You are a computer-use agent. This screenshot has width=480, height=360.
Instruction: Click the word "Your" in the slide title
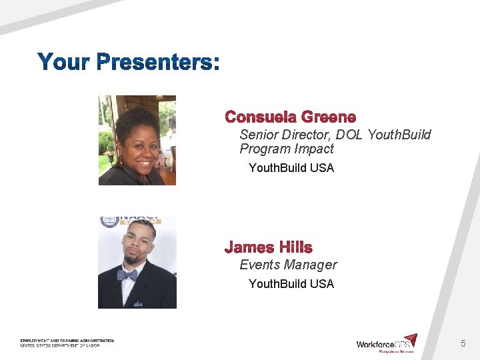[64, 63]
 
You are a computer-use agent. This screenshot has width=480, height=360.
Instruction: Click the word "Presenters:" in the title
[157, 63]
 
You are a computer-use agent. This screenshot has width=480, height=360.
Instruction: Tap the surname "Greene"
[329, 117]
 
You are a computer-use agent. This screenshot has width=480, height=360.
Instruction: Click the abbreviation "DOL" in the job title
[351, 135]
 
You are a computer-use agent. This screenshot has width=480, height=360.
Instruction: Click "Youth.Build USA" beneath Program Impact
[291, 168]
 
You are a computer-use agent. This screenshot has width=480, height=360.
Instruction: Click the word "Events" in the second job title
[260, 265]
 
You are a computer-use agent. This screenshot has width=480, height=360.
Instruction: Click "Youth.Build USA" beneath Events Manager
[291, 284]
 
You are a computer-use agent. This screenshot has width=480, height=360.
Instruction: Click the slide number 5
[463, 344]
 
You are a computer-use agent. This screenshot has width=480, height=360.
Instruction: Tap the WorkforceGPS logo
[387, 343]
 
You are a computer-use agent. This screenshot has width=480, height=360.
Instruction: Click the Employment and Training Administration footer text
[67, 343]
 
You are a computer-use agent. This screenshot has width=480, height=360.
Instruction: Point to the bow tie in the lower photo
[127, 275]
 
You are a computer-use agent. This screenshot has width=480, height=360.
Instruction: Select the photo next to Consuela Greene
[137, 140]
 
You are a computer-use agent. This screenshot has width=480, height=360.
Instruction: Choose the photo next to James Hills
[137, 262]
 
